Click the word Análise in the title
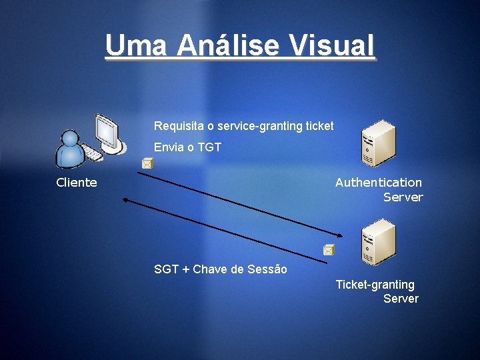pyautogui.click(x=227, y=45)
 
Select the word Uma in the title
pyautogui.click(x=136, y=45)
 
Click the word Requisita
pyautogui.click(x=177, y=126)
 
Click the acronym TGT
pyautogui.click(x=208, y=147)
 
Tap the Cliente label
pyautogui.click(x=77, y=183)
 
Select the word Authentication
pyautogui.click(x=378, y=183)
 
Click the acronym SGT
pyautogui.click(x=166, y=269)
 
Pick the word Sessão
pyautogui.click(x=267, y=269)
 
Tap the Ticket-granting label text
pyautogui.click(x=375, y=285)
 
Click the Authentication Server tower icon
pyautogui.click(x=378, y=143)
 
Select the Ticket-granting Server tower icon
pyautogui.click(x=378, y=242)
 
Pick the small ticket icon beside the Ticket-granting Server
pyautogui.click(x=328, y=250)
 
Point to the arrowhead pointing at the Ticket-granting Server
pyautogui.click(x=341, y=235)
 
